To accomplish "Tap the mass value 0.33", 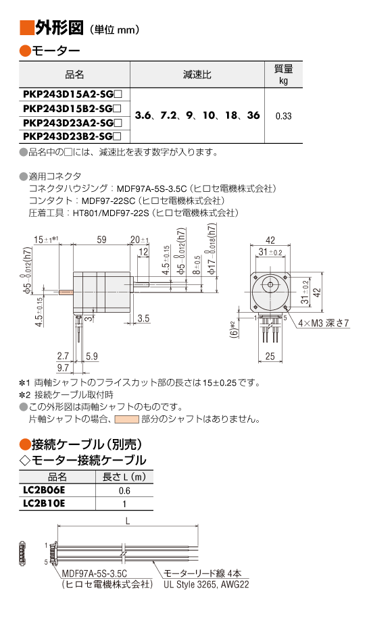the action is point(284,116).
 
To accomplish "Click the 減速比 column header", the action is point(197,74).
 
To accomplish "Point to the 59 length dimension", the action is point(101,240).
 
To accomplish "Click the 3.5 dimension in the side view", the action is point(143,318).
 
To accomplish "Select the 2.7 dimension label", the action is point(63,356).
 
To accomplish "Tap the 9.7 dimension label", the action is point(63,367).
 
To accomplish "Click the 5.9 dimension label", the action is point(92,356).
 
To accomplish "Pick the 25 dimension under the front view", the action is point(270,356).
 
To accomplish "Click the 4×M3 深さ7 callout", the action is point(324,323).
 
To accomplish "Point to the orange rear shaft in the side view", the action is point(66,292).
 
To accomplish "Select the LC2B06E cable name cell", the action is point(44,490).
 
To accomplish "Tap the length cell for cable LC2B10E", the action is point(124,504).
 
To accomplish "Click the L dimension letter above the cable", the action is point(128,521).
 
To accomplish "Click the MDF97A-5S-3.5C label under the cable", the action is point(95,573).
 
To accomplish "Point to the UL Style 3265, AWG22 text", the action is point(206,584).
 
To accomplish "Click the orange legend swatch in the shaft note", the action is point(126,419).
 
